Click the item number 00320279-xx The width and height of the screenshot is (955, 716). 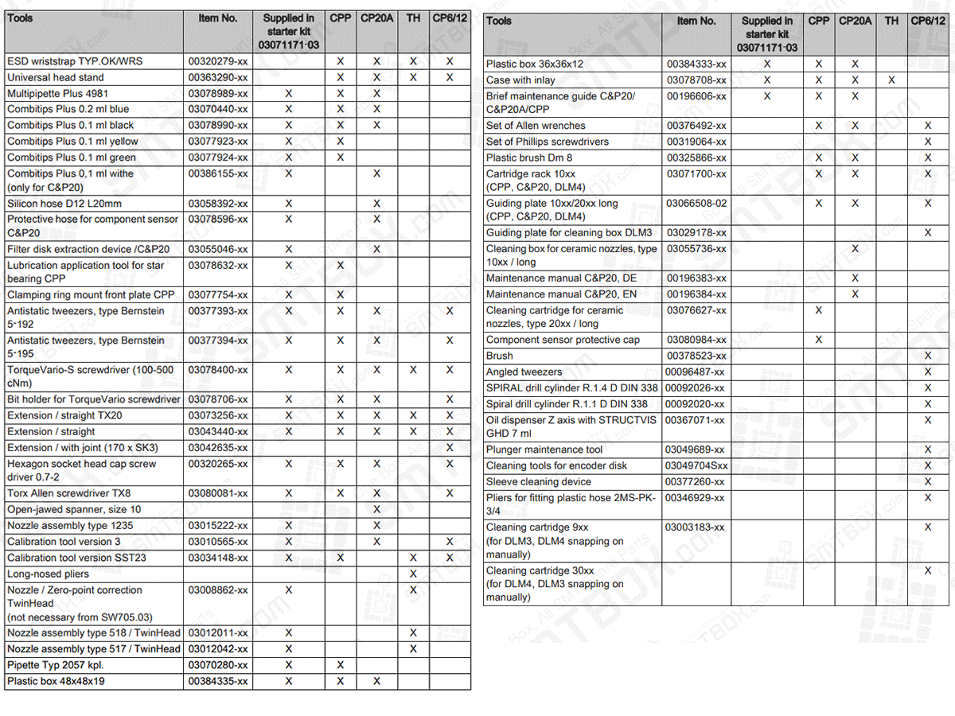(x=217, y=61)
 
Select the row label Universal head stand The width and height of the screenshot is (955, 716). (x=56, y=77)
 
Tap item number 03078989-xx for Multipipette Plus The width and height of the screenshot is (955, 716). (x=217, y=93)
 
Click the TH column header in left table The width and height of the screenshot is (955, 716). (x=413, y=18)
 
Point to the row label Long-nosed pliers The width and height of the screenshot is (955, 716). (x=48, y=574)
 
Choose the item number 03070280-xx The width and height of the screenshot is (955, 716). (x=217, y=665)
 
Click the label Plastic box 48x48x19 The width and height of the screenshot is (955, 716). (x=56, y=681)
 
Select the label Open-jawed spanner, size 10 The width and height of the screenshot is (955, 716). (x=74, y=509)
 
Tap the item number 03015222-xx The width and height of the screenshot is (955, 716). (x=217, y=525)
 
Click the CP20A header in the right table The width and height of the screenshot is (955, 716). (x=855, y=21)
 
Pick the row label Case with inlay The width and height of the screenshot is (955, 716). (x=520, y=80)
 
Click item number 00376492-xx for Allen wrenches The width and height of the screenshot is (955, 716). (x=696, y=126)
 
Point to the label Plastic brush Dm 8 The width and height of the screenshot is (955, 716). (x=528, y=158)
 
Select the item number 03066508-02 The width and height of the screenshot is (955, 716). (x=696, y=203)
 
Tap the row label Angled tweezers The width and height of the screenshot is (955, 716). (x=524, y=372)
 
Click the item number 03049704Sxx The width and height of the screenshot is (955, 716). (x=696, y=465)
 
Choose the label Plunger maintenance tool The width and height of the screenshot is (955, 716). (x=544, y=449)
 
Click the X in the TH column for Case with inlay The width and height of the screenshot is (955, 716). (x=891, y=80)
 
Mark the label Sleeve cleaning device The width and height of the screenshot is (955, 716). (x=538, y=481)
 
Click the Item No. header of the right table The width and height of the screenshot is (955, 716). (x=696, y=21)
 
